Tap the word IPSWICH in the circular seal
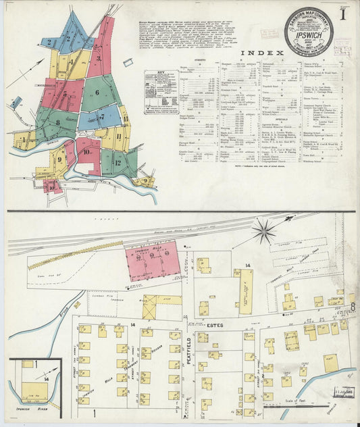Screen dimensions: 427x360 click(x=309, y=32)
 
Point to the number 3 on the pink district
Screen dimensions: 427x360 click(x=99, y=59)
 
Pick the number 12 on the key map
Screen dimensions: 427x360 click(x=118, y=162)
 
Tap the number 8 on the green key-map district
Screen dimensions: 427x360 click(x=58, y=122)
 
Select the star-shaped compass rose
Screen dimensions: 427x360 click(x=263, y=231)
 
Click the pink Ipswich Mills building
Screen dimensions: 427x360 click(x=153, y=261)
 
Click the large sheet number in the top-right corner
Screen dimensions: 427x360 click(x=344, y=12)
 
